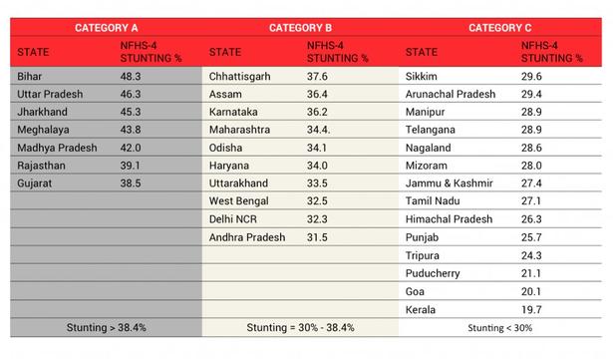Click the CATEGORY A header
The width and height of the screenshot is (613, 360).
[x=107, y=28]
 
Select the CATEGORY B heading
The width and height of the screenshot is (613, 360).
[x=300, y=28]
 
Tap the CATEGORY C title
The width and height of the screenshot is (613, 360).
[x=500, y=28]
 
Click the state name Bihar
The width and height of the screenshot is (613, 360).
[x=29, y=77]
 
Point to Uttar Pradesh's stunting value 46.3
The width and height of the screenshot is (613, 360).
[x=131, y=94]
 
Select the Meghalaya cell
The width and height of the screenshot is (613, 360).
[x=43, y=130]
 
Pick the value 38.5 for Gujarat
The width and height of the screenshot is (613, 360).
[x=131, y=183]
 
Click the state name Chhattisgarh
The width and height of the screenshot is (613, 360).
[x=239, y=77]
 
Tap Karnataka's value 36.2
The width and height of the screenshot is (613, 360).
[x=317, y=112]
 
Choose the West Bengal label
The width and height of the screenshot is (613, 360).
[x=238, y=201]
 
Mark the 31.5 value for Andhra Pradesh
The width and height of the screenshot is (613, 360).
[x=317, y=237]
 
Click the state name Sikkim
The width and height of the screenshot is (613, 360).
[x=421, y=77]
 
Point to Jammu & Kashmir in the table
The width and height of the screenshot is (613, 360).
[x=450, y=183]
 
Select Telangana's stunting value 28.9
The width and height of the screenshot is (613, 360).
[x=531, y=130]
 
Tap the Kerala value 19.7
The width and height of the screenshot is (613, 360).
[x=531, y=310]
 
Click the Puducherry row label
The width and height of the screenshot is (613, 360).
[x=433, y=273]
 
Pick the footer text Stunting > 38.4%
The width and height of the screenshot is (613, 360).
[x=107, y=327]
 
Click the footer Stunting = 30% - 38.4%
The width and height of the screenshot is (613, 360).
[x=300, y=327]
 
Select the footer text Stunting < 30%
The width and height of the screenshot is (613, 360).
[x=500, y=328]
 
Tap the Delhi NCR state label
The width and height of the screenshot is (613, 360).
[x=233, y=219]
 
